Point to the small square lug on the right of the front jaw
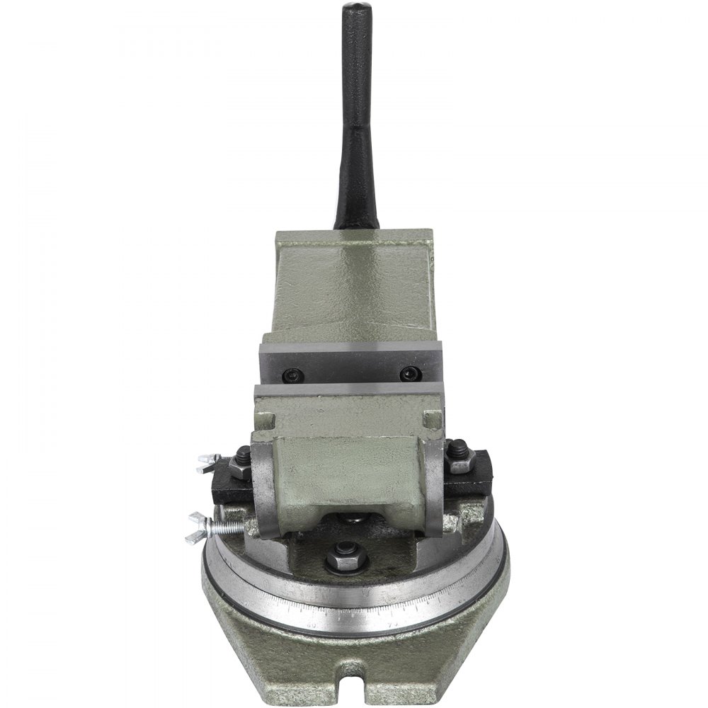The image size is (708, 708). (429, 421)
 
